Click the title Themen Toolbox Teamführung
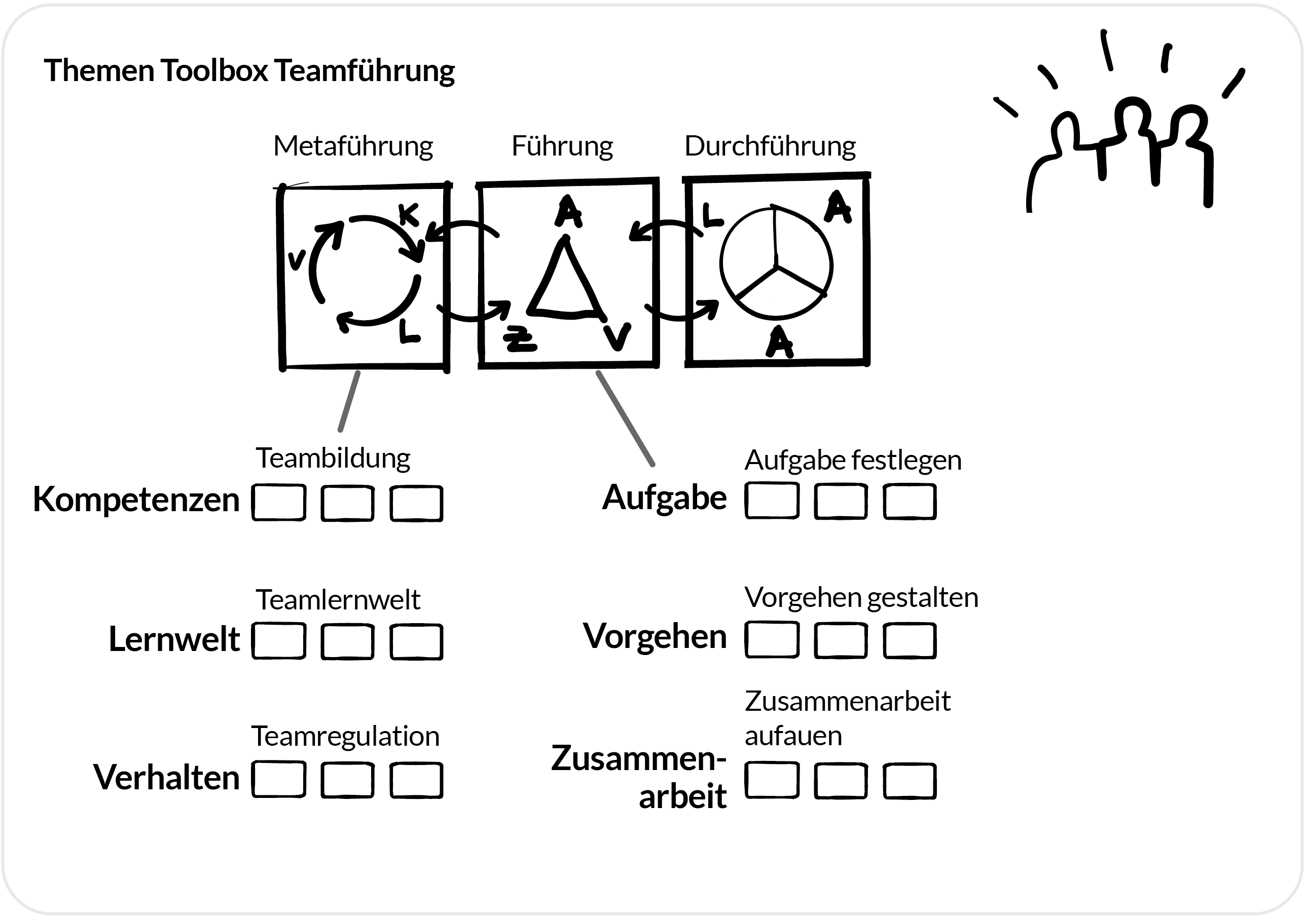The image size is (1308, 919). (249, 70)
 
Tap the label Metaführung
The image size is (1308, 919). (353, 146)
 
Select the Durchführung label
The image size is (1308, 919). (770, 146)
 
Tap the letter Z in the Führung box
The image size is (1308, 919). (520, 339)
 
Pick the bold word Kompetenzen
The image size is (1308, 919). (136, 500)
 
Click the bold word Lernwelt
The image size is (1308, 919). (174, 638)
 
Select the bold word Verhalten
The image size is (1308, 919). (166, 777)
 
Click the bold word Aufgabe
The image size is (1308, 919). (664, 497)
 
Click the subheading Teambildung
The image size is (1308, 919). (333, 458)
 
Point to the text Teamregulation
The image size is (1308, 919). (345, 736)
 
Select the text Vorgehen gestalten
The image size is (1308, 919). (861, 597)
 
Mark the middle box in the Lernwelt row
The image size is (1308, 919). (347, 642)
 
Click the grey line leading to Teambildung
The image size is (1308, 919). (349, 401)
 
